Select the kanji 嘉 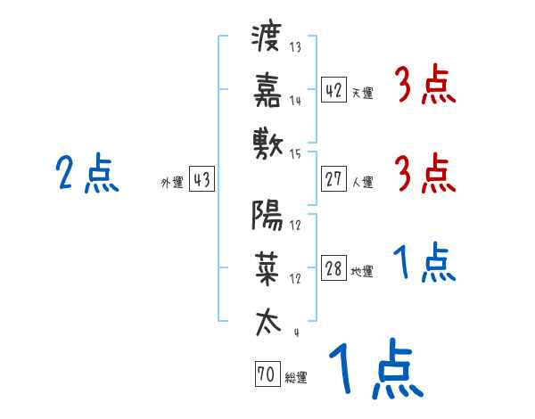tap(267, 89)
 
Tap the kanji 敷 tap(267, 141)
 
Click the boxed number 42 tap(333, 89)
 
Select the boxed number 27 tap(333, 179)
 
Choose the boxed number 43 tap(202, 180)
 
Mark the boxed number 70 tap(266, 375)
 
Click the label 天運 tap(362, 93)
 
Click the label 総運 tap(295, 378)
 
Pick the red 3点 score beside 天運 tap(424, 86)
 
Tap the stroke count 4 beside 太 tap(296, 333)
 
